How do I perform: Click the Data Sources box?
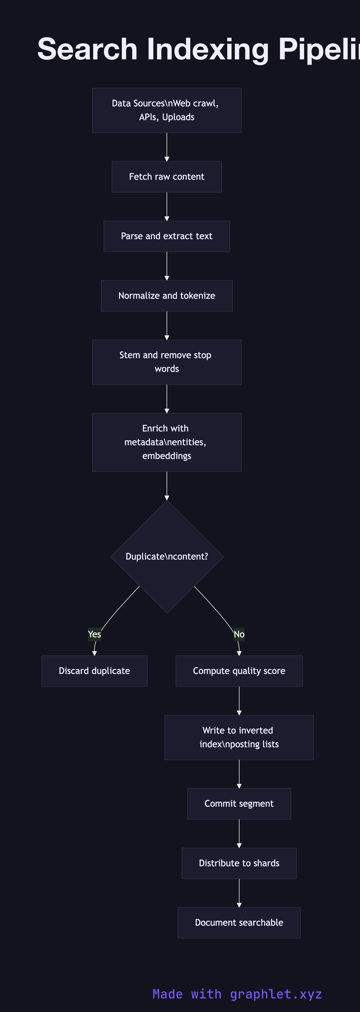167,110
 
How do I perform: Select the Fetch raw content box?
167,177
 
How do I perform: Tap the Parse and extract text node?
167,236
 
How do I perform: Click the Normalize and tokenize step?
167,296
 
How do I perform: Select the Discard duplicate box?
94,671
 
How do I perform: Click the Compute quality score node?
239,671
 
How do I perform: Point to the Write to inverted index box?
239,737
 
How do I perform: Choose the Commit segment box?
239,804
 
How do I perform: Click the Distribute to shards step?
239,863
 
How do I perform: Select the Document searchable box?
239,923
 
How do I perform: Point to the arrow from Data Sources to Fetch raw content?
167,147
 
